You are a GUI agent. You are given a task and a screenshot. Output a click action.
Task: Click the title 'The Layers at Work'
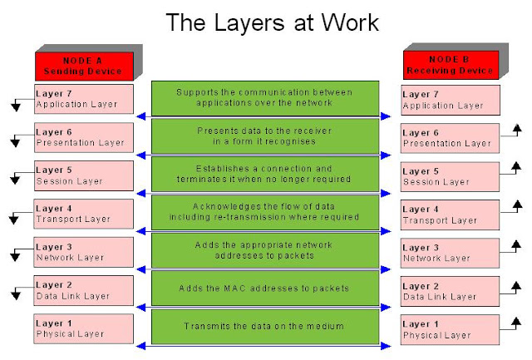pyautogui.click(x=265, y=22)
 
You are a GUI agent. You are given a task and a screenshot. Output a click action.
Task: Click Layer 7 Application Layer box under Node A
pyautogui.click(x=83, y=99)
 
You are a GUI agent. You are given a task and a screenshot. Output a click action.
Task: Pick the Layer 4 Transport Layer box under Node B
pyautogui.click(x=450, y=214)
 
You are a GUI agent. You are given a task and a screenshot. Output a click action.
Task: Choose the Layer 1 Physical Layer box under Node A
pyautogui.click(x=83, y=328)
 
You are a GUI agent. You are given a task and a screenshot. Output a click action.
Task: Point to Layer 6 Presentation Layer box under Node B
pyautogui.click(x=450, y=137)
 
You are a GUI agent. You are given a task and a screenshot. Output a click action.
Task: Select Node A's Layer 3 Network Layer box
pyautogui.click(x=83, y=252)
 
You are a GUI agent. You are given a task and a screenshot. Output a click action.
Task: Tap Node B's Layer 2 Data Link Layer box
pyautogui.click(x=450, y=290)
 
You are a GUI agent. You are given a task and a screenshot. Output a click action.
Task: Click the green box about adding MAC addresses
pyautogui.click(x=264, y=288)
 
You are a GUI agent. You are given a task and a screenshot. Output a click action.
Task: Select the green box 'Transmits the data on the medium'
pyautogui.click(x=264, y=325)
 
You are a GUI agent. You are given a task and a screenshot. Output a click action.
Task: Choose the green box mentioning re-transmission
pyautogui.click(x=264, y=212)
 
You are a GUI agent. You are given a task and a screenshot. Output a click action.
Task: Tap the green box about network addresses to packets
pyautogui.click(x=264, y=250)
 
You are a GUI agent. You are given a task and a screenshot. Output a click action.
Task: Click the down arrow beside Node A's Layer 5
pyautogui.click(x=15, y=178)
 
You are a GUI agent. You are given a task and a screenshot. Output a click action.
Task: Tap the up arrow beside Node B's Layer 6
pyautogui.click(x=516, y=131)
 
